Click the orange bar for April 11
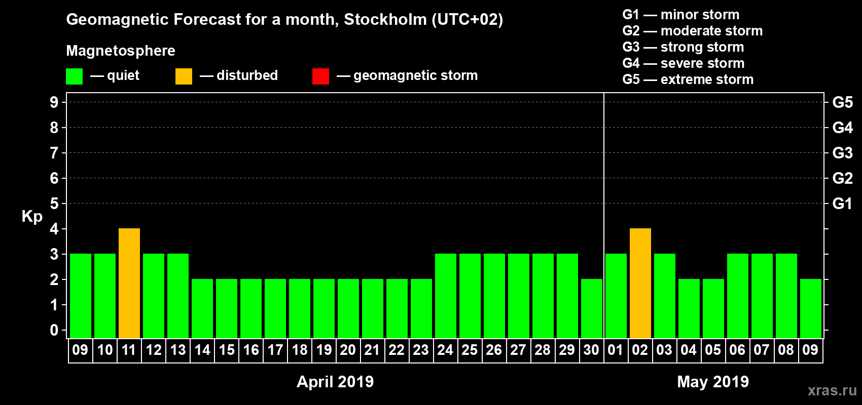click(x=129, y=283)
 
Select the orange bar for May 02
click(x=640, y=283)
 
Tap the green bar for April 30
click(x=592, y=308)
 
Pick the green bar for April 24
click(x=446, y=296)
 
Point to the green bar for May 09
click(x=811, y=308)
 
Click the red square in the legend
click(x=320, y=76)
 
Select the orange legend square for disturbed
click(x=184, y=76)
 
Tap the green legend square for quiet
click(x=74, y=76)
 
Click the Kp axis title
click(x=32, y=216)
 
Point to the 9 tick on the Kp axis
click(x=54, y=102)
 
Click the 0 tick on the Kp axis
click(x=54, y=330)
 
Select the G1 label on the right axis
click(x=842, y=204)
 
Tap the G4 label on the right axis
click(x=842, y=128)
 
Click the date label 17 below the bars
click(x=275, y=350)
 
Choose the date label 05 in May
click(x=713, y=350)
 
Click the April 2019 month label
click(x=335, y=382)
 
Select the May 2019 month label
click(x=713, y=382)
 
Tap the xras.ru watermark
click(x=832, y=390)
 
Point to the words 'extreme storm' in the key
click(x=707, y=79)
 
